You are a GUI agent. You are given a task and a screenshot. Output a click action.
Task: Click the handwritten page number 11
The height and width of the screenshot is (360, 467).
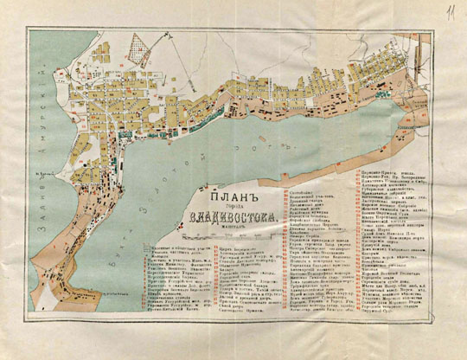(x=451, y=11)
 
